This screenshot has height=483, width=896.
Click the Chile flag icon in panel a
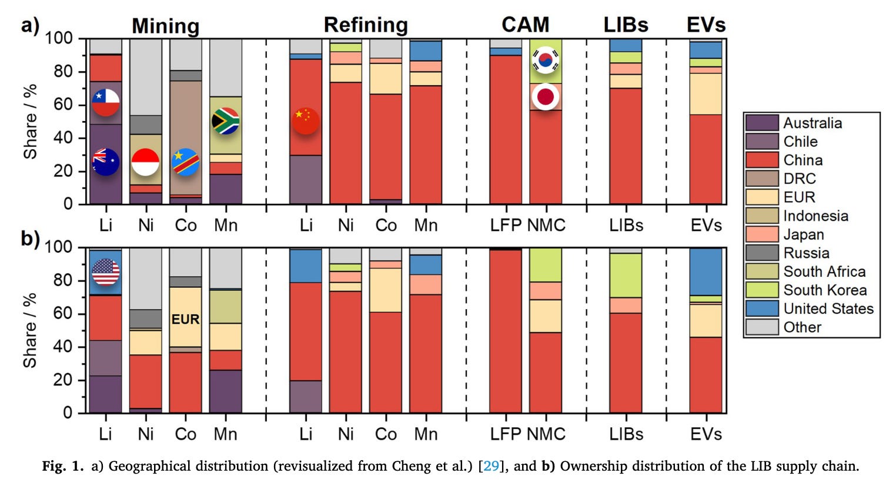[106, 102]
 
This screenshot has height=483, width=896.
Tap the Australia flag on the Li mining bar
[106, 162]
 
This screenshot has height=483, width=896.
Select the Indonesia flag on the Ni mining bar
[145, 162]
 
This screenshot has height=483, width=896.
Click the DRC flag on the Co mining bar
[186, 162]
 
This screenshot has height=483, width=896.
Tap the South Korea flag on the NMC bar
[546, 60]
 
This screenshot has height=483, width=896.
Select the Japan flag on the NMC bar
[546, 97]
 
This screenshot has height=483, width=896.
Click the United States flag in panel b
[106, 272]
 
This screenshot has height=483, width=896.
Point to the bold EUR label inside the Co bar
[186, 320]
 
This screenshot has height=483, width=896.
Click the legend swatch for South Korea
[762, 290]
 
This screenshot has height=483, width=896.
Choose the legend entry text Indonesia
[815, 216]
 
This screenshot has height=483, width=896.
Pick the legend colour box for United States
[762, 308]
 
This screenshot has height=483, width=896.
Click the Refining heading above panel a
[366, 25]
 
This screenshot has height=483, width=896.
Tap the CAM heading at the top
[525, 25]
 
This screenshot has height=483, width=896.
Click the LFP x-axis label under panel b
[506, 434]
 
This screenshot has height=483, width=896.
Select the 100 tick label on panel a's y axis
[59, 39]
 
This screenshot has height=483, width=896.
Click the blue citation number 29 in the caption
[491, 467]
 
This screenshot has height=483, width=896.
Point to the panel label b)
[31, 239]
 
